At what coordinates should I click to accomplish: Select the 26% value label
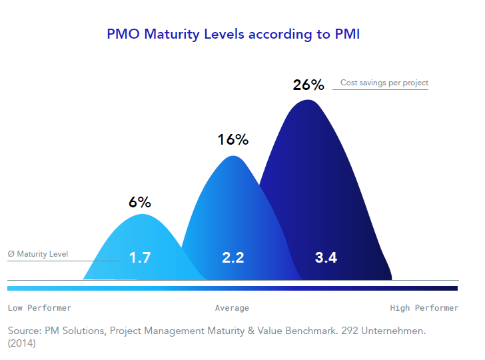point(308,85)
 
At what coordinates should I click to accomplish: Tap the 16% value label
point(233,140)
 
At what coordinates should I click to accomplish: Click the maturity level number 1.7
point(140,257)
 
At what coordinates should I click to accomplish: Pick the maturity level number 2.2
point(233,257)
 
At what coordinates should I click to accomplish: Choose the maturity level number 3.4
point(326,257)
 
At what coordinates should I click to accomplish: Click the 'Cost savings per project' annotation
point(384,83)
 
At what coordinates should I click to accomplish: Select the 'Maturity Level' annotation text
point(42,254)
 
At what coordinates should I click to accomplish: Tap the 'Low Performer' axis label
point(39,308)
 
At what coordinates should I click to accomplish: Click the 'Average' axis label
point(232,308)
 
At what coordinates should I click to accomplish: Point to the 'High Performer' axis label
point(424,308)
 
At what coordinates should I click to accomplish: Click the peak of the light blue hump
point(141,215)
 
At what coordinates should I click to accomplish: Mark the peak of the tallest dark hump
point(306,101)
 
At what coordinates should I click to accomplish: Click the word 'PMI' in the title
point(346,34)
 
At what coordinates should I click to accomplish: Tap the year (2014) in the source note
point(22,344)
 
